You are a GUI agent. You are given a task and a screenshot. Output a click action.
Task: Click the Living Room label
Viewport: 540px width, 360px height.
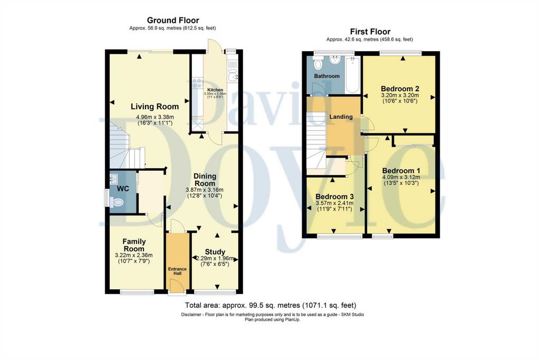155,106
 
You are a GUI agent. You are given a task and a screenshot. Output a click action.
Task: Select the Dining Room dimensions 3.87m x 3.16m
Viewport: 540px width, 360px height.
205,190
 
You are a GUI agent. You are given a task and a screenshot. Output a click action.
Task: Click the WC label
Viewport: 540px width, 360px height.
123,189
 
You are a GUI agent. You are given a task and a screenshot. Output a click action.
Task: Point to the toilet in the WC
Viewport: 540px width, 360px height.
117,202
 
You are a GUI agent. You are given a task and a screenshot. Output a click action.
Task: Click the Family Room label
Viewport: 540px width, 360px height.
134,245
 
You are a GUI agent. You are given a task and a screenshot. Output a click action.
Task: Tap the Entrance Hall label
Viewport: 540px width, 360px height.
177,271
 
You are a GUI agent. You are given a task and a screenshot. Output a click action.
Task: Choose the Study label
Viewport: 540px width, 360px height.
215,252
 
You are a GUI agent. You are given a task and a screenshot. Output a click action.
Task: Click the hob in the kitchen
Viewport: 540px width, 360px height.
197,83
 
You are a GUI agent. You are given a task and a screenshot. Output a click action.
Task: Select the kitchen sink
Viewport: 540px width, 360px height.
233,76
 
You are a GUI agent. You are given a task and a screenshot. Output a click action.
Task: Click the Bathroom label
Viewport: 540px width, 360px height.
327,76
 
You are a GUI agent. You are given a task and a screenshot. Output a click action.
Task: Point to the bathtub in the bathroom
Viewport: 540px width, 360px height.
352,75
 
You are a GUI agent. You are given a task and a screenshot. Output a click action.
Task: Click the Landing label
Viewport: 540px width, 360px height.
341,116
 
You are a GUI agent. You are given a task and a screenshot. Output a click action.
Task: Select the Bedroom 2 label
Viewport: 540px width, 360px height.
400,89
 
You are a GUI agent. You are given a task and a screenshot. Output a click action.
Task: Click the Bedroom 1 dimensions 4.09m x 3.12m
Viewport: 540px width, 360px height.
401,178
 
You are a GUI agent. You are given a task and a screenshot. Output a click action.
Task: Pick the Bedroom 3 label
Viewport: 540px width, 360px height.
334,197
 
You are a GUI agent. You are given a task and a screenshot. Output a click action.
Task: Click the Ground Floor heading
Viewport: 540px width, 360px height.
173,21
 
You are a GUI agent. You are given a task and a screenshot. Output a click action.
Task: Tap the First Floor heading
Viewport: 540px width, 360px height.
370,32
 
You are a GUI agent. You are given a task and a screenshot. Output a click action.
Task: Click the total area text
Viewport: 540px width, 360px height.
271,305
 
